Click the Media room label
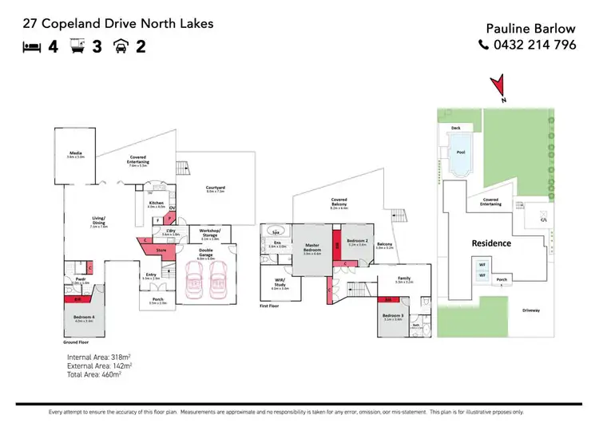pyautogui.click(x=76, y=154)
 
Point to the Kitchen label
pyautogui.click(x=156, y=204)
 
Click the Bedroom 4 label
pyautogui.click(x=84, y=318)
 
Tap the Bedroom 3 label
pyautogui.click(x=393, y=316)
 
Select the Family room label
pyautogui.click(x=403, y=280)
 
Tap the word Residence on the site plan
pyautogui.click(x=490, y=243)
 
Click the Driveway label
pyautogui.click(x=532, y=310)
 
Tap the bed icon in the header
pyautogui.click(x=31, y=46)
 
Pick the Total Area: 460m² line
pyautogui.click(x=94, y=374)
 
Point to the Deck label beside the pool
pyautogui.click(x=456, y=128)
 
